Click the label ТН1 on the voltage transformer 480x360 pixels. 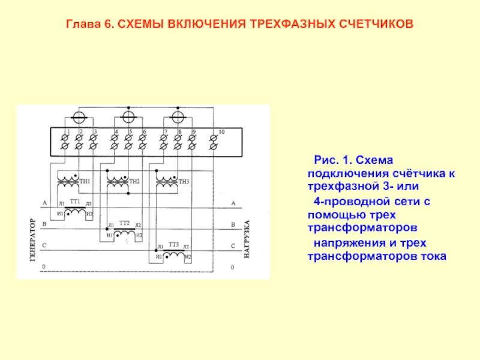point(85,181)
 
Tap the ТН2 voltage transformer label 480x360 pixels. point(134,181)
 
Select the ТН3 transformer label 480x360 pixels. point(184,181)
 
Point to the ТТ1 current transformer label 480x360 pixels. point(74,202)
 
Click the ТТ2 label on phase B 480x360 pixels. point(124,223)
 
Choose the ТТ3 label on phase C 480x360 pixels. point(173,244)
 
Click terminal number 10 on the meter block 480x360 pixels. point(221,131)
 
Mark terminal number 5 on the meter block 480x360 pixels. point(129,131)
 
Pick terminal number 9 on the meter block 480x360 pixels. point(193,131)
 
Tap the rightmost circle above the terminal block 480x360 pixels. point(177,115)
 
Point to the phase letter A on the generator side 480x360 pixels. point(45,203)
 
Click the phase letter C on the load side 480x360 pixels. point(233,246)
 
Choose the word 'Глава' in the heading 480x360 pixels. point(80,25)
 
